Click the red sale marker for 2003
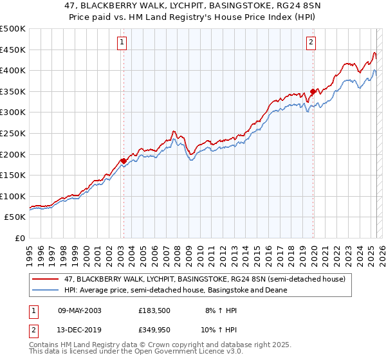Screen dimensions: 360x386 (124, 161)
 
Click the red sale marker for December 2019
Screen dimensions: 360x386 (313, 92)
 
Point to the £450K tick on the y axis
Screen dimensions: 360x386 (13, 50)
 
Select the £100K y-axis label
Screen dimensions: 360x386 (13, 196)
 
